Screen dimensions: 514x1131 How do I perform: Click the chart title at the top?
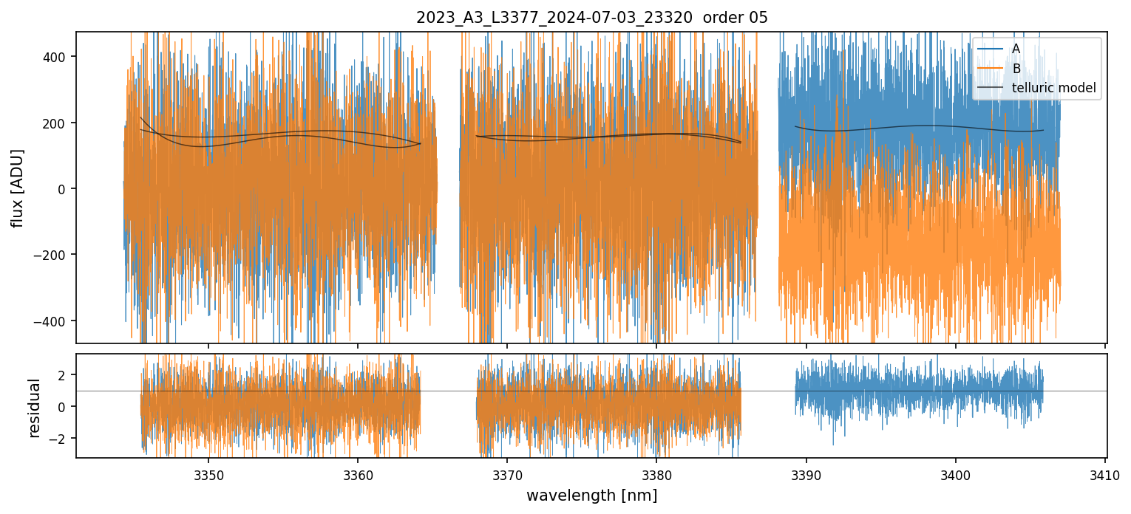pos(592,18)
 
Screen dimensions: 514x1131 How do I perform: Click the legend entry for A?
pos(1016,49)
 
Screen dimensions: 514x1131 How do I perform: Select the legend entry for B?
pos(1016,69)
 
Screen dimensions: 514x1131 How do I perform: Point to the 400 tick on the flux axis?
pos(59,57)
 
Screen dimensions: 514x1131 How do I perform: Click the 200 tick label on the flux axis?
pos(59,123)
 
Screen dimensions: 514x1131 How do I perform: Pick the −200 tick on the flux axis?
pos(56,255)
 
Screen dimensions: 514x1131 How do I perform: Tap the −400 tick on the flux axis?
pos(56,321)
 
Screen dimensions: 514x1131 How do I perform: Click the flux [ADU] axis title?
pos(17,188)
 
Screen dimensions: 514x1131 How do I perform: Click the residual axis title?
pos(34,408)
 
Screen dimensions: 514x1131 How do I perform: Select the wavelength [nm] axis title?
pos(591,496)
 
